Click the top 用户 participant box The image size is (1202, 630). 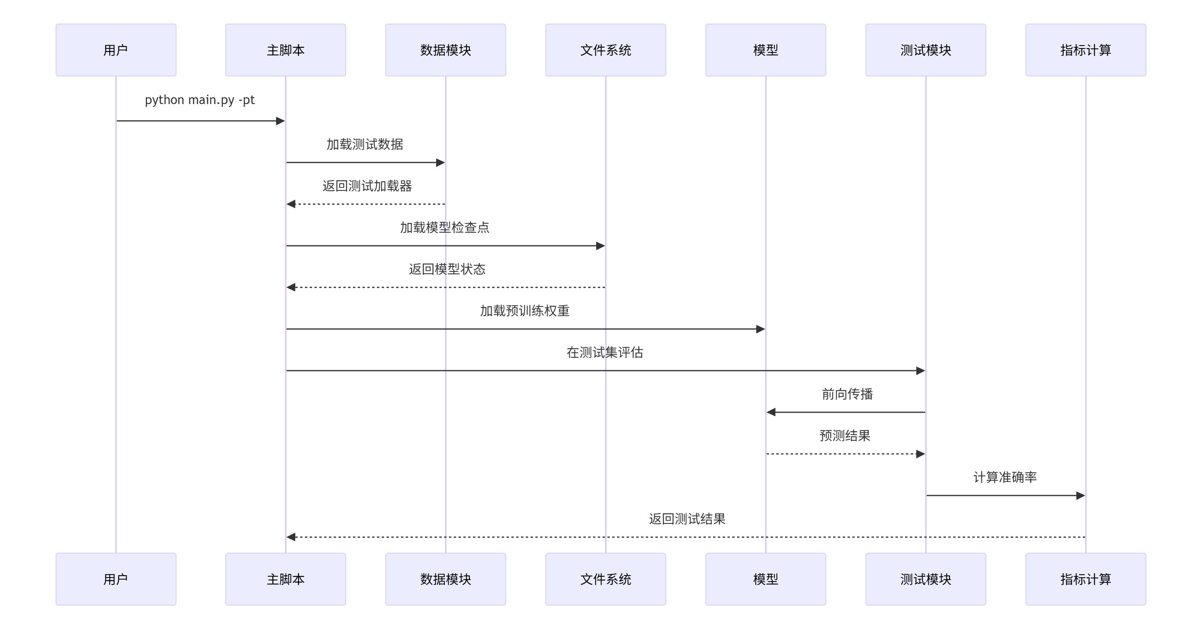click(116, 50)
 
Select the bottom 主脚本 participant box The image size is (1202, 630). click(285, 579)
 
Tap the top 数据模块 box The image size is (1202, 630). click(445, 50)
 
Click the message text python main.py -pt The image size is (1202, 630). click(200, 100)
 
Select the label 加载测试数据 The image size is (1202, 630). click(365, 144)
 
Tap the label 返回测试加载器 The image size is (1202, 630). click(367, 186)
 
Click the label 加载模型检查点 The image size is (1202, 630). click(444, 227)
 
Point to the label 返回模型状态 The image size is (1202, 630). click(447, 269)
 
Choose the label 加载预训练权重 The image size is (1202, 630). click(525, 311)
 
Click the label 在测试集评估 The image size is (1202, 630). click(605, 352)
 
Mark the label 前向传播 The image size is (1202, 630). click(847, 394)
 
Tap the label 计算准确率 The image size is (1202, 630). click(1005, 477)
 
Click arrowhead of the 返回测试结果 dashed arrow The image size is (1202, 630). click(291, 537)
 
